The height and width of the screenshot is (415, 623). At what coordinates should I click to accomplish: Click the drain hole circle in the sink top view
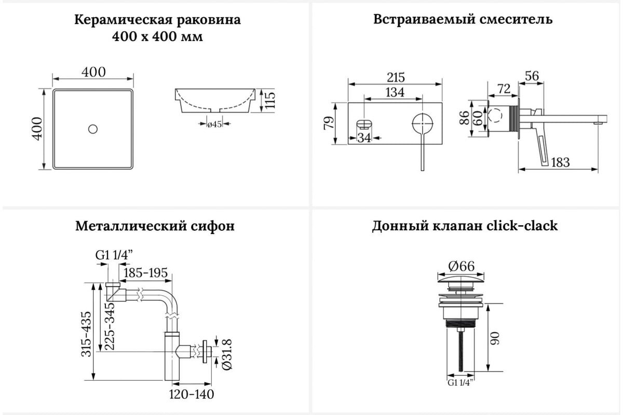(92, 129)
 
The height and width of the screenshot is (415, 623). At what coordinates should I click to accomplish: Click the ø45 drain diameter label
(214, 125)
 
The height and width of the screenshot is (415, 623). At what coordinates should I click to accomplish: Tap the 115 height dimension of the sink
(269, 100)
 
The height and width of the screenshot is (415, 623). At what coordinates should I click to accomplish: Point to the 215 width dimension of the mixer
(396, 77)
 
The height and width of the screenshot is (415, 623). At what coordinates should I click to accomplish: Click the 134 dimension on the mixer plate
(395, 92)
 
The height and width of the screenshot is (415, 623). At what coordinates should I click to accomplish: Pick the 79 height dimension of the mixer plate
(329, 123)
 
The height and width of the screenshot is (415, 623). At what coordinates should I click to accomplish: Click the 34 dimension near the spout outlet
(364, 137)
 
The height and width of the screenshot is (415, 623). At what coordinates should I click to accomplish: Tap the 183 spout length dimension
(560, 162)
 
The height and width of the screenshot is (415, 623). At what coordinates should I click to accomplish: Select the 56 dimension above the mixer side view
(532, 76)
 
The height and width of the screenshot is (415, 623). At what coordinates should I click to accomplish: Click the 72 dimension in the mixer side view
(504, 89)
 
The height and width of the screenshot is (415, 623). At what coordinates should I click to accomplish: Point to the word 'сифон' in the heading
(213, 226)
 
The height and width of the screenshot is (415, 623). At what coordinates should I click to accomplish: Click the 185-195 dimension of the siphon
(145, 273)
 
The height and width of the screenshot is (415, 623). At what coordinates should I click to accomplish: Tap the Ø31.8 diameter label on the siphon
(227, 354)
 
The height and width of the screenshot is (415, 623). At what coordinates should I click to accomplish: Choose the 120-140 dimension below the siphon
(192, 394)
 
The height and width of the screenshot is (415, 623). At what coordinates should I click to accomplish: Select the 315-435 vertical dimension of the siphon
(86, 334)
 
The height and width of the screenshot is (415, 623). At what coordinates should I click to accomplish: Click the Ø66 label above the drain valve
(462, 266)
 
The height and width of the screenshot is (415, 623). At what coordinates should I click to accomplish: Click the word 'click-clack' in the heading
(522, 226)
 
